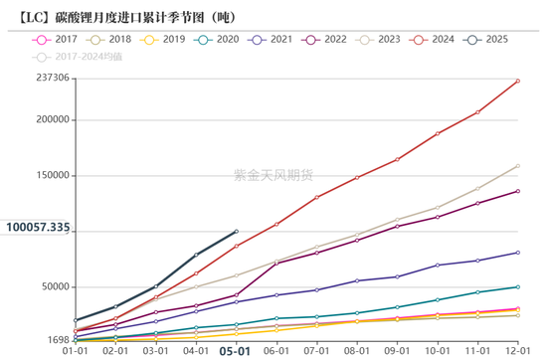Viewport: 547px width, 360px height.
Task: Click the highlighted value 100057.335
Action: [38, 228]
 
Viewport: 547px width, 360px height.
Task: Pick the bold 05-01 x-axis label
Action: [235, 351]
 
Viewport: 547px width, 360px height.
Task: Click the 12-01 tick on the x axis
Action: [517, 351]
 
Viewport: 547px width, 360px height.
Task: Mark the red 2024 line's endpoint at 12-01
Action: [517, 81]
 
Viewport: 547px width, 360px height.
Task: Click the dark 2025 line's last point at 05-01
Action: [236, 232]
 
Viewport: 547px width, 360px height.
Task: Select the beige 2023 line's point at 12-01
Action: [517, 166]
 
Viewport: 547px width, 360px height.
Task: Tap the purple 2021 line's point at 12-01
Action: [517, 253]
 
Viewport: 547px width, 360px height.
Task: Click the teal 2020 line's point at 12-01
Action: [517, 286]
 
